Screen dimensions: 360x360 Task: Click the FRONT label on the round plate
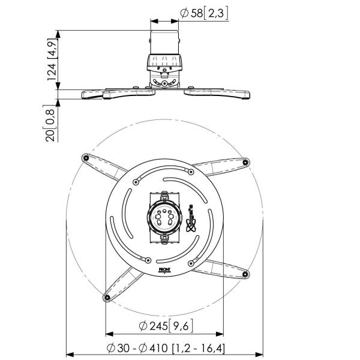pyautogui.click(x=164, y=270)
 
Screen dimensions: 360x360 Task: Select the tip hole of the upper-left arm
pyautogui.click(x=85, y=158)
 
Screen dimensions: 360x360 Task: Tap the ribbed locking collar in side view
pyautogui.click(x=164, y=62)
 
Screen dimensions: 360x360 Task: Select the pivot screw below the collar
pyautogui.click(x=164, y=85)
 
